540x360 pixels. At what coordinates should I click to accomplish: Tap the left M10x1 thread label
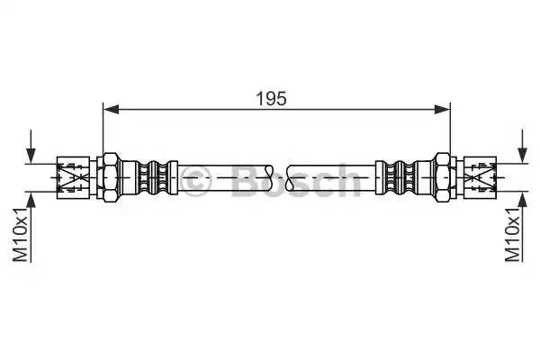point(20,233)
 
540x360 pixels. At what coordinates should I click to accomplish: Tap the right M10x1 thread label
point(512,233)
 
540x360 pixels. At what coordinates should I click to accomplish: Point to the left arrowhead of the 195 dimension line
point(111,110)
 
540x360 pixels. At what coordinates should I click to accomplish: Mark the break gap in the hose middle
point(283,176)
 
